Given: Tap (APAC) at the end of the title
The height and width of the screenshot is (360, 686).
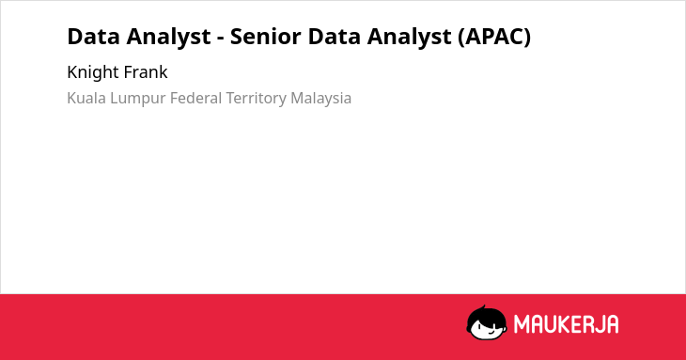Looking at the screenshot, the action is click(494, 37).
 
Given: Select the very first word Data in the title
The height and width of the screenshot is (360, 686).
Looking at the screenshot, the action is click(94, 37).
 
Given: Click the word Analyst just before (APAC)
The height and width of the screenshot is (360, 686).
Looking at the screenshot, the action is click(409, 38).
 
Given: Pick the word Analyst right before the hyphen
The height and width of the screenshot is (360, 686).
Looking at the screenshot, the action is click(168, 38).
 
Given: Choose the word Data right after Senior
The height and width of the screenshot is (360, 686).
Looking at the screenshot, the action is click(335, 37).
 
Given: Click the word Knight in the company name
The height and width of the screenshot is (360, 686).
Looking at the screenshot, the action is click(90, 72).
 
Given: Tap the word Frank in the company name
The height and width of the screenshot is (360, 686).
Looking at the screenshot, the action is click(143, 71).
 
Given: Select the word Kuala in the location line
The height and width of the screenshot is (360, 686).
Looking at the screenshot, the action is click(86, 98).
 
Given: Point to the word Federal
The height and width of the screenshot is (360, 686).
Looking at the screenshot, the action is click(196, 98).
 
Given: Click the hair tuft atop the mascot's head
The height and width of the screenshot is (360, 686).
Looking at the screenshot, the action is click(483, 307).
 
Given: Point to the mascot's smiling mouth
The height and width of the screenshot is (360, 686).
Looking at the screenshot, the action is click(491, 332).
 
